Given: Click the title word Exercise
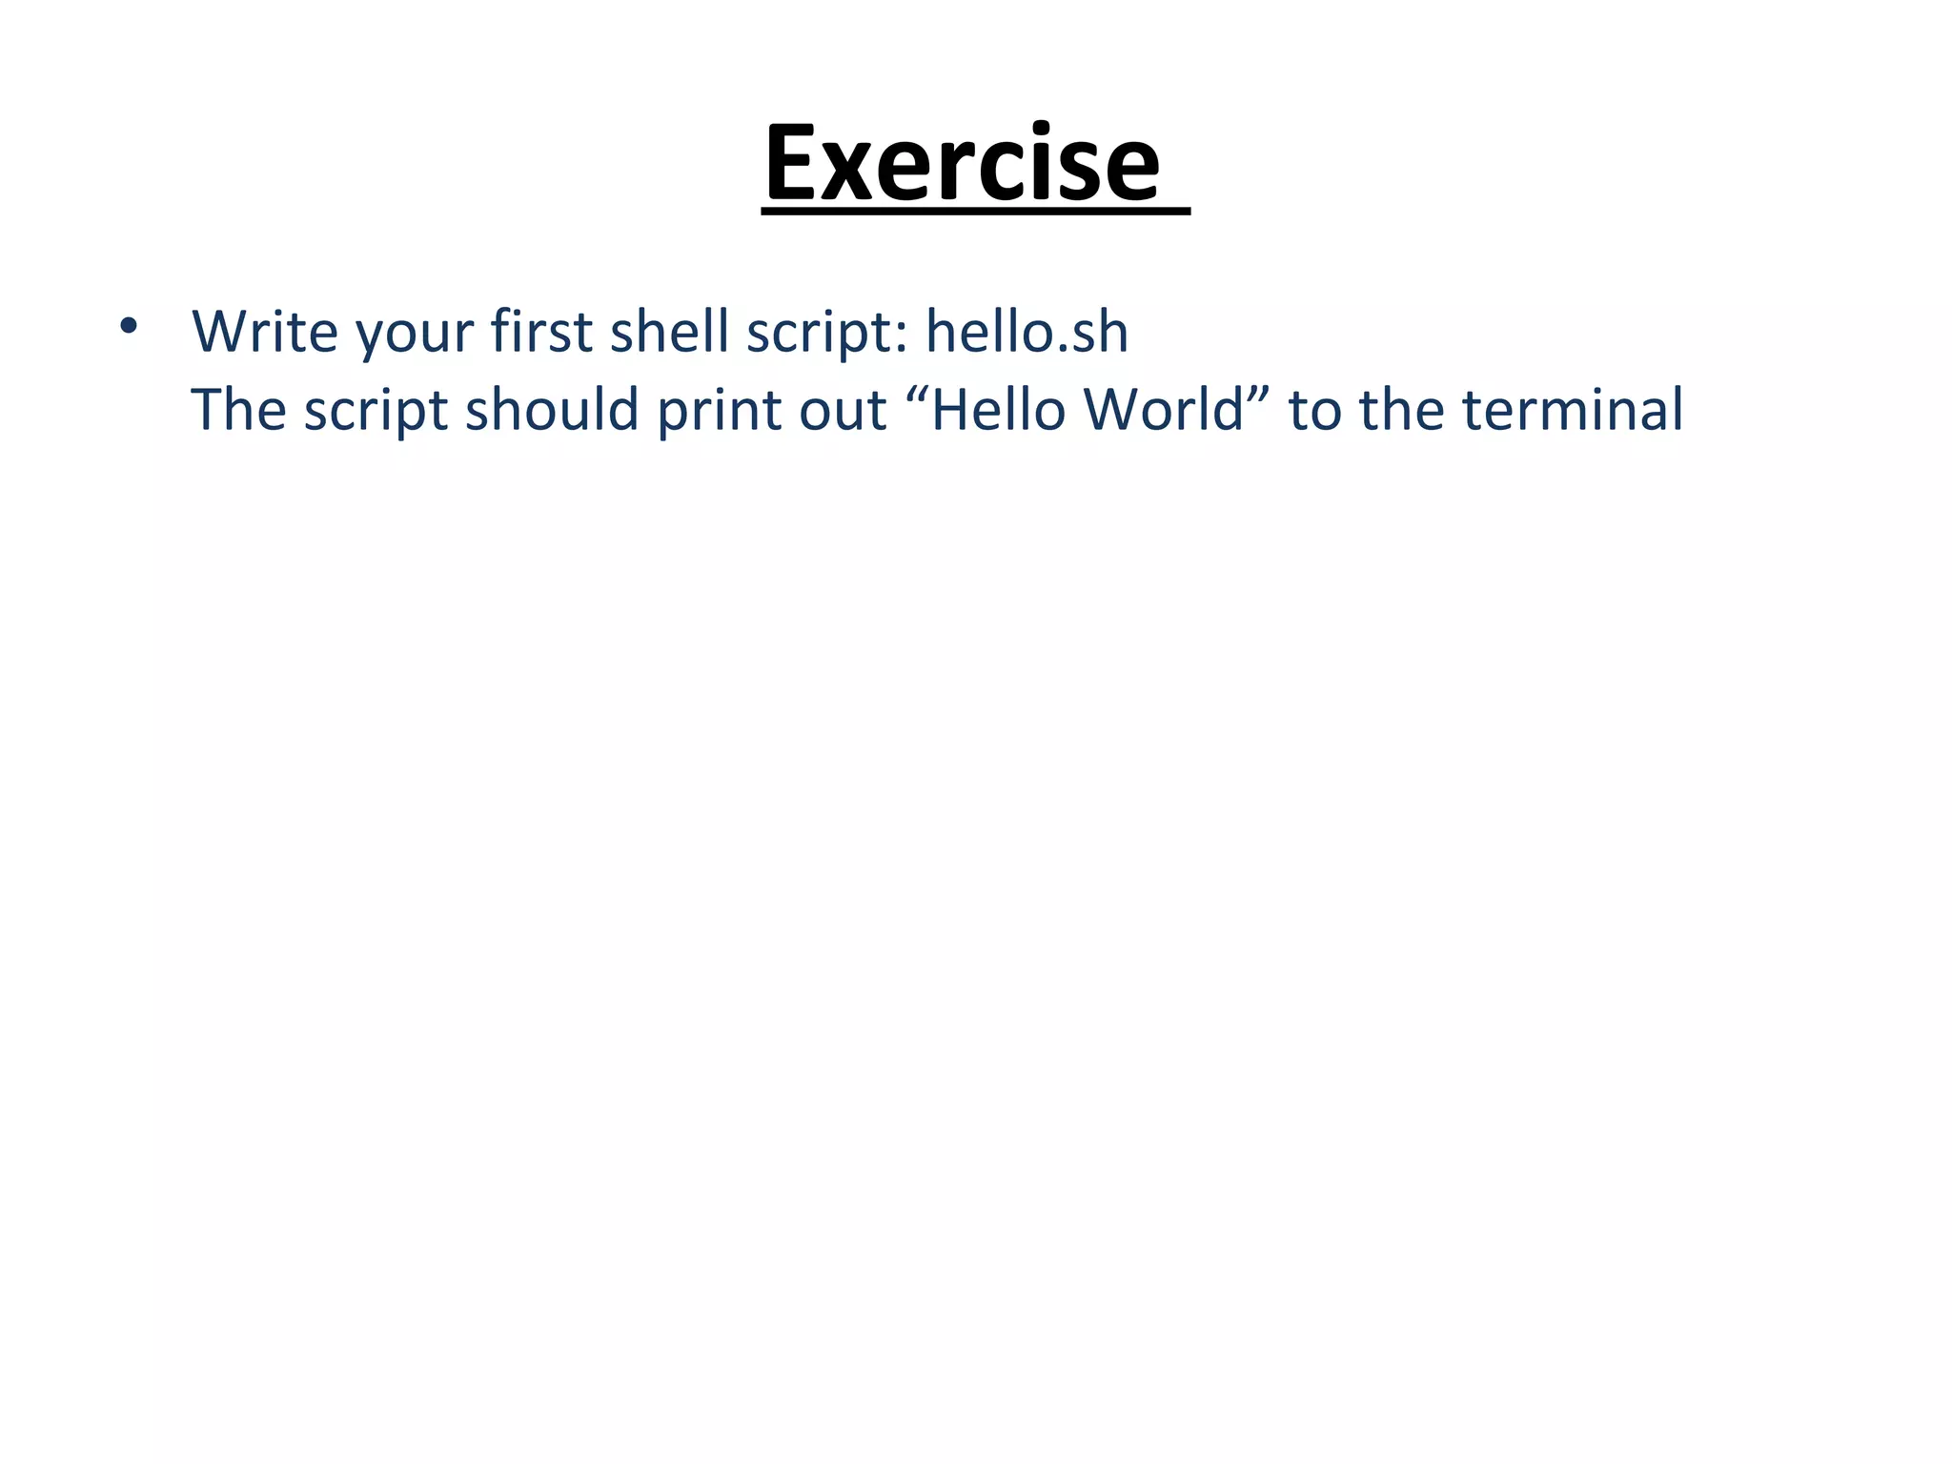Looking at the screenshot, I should [963, 164].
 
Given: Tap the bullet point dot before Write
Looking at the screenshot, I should [129, 327].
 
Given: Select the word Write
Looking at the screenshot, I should [265, 331].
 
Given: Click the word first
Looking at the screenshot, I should [541, 331].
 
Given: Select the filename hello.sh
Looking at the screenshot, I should [1027, 331].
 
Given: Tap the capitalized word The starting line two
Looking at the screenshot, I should [238, 410].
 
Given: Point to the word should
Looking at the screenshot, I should [552, 410].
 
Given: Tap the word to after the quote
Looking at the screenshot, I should [1315, 412].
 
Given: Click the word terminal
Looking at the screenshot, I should [1573, 410].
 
